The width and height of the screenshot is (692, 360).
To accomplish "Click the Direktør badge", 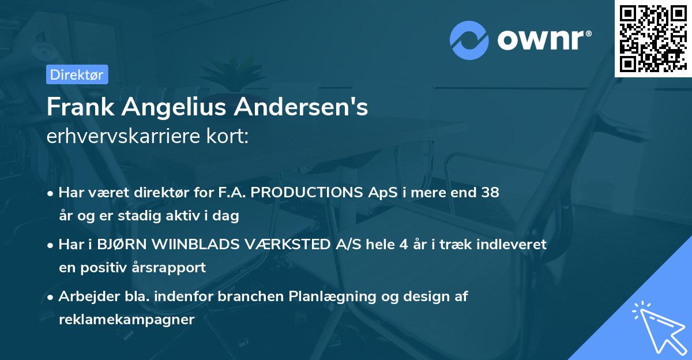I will coord(77,74).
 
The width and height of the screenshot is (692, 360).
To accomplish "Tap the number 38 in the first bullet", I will coord(490,193).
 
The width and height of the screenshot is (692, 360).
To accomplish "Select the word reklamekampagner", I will coord(127,320).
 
